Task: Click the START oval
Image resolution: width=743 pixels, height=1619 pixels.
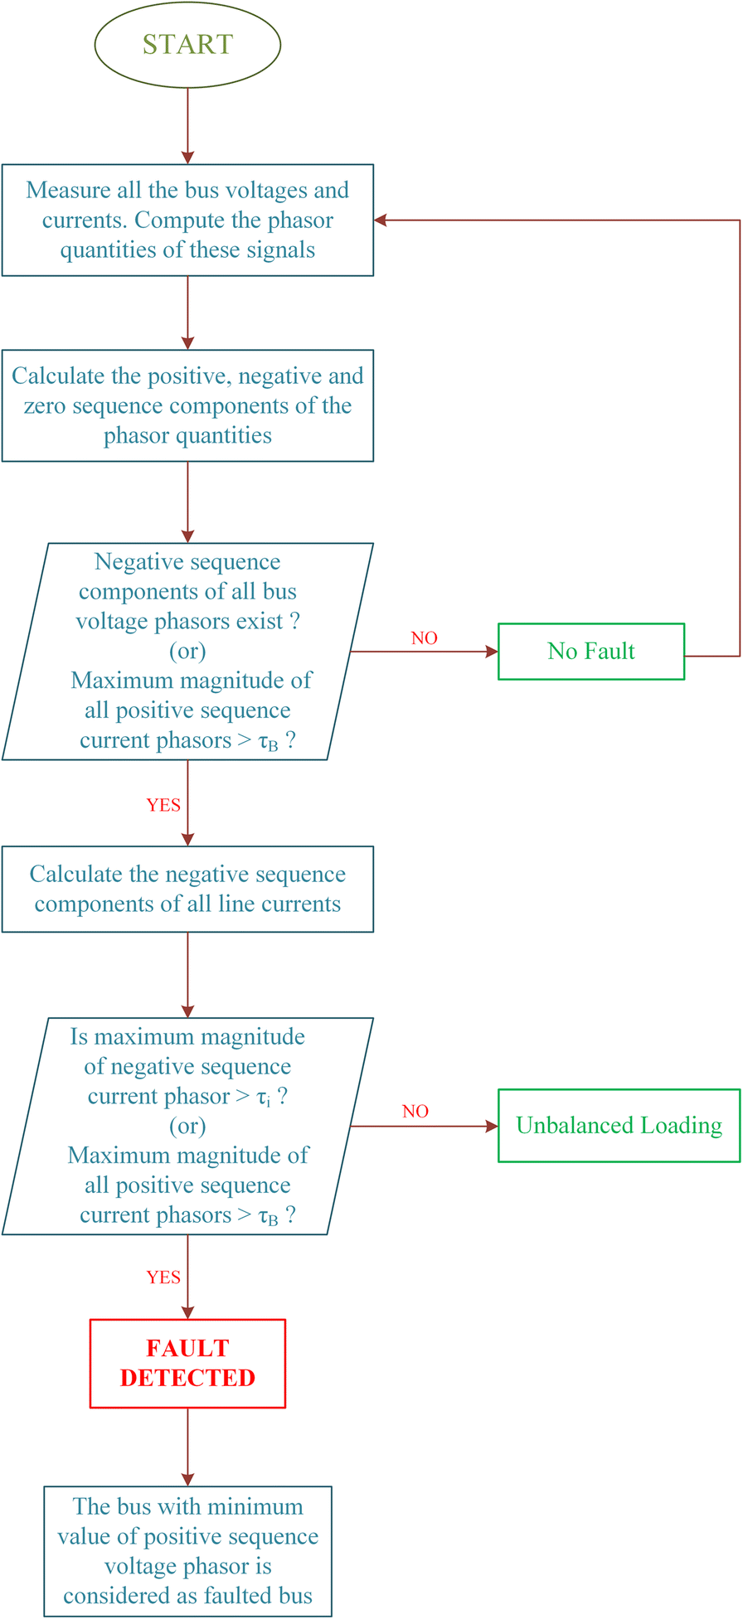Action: [187, 44]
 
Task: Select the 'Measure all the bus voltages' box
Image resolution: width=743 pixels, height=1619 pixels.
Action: [187, 220]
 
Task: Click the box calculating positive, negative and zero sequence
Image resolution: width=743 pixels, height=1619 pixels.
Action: [187, 405]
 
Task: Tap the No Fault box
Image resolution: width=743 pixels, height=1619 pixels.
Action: [590, 652]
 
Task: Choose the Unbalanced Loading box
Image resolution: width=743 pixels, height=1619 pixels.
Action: [619, 1126]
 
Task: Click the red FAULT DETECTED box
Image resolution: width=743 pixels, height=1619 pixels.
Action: [187, 1363]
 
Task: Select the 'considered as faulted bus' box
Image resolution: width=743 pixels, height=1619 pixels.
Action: [187, 1551]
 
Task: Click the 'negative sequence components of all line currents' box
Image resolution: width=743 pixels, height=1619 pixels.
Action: [187, 889]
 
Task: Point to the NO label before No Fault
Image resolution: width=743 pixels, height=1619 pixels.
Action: [424, 638]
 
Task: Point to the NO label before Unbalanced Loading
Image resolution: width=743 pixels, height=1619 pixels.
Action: [415, 1112]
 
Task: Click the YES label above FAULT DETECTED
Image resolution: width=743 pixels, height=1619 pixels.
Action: [163, 1277]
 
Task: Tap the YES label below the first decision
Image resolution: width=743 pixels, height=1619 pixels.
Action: [163, 805]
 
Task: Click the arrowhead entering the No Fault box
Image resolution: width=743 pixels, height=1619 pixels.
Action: [492, 652]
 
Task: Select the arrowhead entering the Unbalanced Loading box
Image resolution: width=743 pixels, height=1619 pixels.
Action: [492, 1126]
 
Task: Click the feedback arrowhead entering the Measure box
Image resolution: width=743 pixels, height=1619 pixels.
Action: [381, 220]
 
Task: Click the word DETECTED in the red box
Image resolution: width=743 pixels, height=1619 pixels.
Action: [187, 1378]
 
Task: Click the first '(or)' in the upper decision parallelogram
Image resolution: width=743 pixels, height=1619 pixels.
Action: [187, 651]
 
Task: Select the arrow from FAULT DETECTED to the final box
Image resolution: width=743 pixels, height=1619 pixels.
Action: [187, 1446]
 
